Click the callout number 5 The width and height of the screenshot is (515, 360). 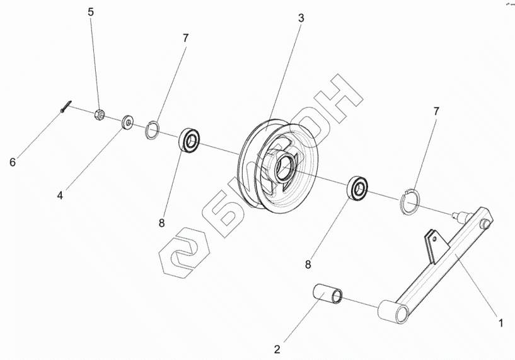(x=90, y=12)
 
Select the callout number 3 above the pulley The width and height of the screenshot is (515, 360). (x=301, y=18)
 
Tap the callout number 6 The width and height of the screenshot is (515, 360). (x=12, y=163)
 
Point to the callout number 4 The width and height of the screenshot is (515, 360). (x=61, y=195)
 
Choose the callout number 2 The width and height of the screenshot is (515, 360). (x=277, y=348)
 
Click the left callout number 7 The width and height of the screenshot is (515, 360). (x=185, y=38)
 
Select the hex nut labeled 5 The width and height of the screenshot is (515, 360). (x=99, y=115)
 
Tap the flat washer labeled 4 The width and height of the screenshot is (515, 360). (x=128, y=120)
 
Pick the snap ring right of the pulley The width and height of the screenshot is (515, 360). (x=410, y=201)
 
